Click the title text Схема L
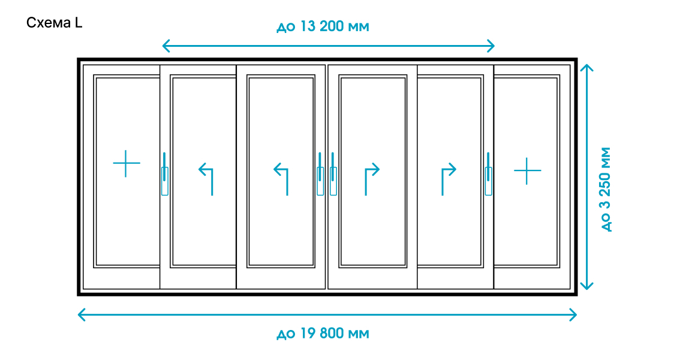55,23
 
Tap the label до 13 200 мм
323,27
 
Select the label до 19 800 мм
323,334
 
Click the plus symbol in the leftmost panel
127,163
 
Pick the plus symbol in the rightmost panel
527,170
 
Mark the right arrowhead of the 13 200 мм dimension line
492,46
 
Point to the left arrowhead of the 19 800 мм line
81,314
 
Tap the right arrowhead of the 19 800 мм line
574,314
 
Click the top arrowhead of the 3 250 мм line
587,65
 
